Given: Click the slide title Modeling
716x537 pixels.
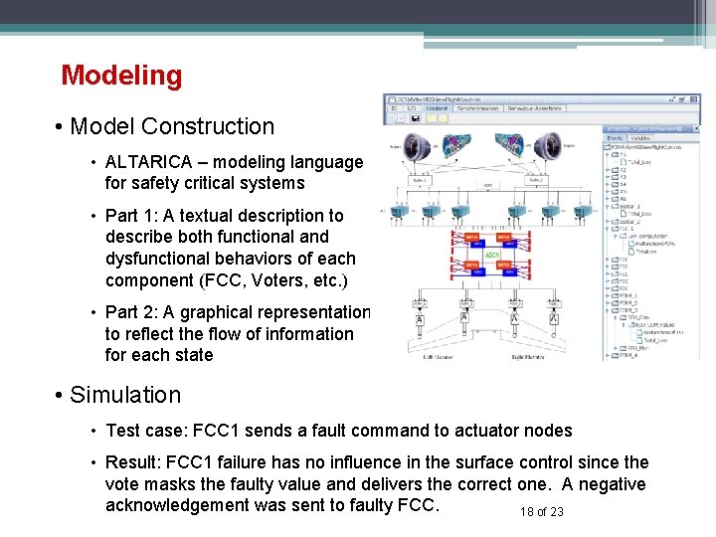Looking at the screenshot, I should click(x=121, y=76).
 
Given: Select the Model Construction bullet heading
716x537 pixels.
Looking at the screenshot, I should click(x=172, y=126).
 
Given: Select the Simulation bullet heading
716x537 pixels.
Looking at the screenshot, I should click(x=124, y=395).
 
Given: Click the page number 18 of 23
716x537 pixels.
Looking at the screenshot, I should click(x=541, y=511).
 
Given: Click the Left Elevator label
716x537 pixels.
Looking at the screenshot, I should click(x=439, y=356).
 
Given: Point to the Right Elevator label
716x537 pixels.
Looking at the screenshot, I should click(x=531, y=356).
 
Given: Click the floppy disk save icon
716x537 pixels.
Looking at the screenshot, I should click(x=414, y=116).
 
